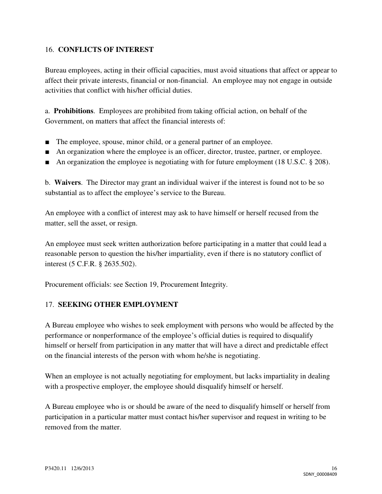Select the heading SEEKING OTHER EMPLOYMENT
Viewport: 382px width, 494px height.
point(118,305)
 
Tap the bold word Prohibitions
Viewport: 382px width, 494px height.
point(73,111)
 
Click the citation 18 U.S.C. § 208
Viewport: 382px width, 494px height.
point(305,162)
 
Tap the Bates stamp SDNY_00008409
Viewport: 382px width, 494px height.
point(320,474)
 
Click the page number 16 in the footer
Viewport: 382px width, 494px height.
point(334,468)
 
